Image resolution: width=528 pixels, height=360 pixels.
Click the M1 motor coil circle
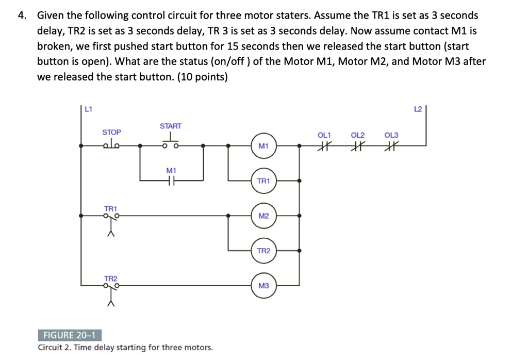[263, 146]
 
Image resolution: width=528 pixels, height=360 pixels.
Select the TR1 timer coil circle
[263, 181]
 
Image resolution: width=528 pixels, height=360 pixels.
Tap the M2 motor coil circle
[263, 216]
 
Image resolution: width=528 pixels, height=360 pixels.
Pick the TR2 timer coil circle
[263, 251]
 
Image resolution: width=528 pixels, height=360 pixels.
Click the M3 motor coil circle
[263, 285]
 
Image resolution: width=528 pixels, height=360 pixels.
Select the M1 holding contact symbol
[171, 180]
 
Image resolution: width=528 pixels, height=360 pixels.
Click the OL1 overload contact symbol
[324, 146]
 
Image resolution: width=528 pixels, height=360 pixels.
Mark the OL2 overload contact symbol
[357, 146]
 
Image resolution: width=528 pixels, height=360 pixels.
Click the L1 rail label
[88, 109]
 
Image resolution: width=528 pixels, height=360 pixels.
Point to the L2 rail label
[418, 109]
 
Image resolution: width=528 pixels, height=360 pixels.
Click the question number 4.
[21, 15]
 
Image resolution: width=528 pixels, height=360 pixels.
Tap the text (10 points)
[198, 77]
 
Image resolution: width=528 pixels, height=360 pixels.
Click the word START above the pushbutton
[171, 126]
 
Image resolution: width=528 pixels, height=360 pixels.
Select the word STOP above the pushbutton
[111, 133]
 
